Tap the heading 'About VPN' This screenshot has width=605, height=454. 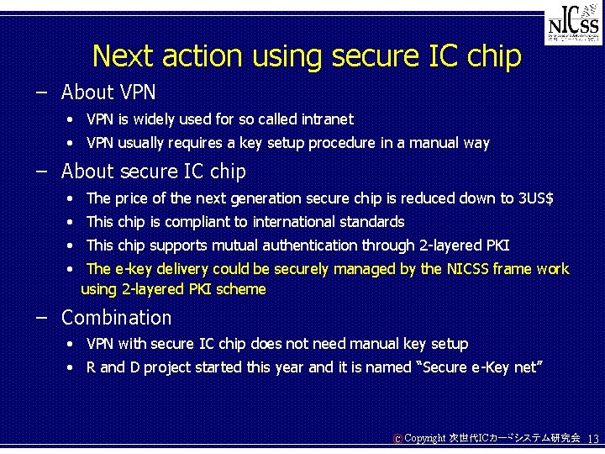pos(108,91)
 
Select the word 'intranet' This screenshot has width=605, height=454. pos(324,119)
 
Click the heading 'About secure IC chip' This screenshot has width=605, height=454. pos(154,172)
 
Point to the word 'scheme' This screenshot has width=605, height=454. pos(240,289)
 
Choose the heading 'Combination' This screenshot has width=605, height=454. pos(116,318)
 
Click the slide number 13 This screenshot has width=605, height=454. pos(592,439)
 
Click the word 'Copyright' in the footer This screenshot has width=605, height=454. pos(424,439)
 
